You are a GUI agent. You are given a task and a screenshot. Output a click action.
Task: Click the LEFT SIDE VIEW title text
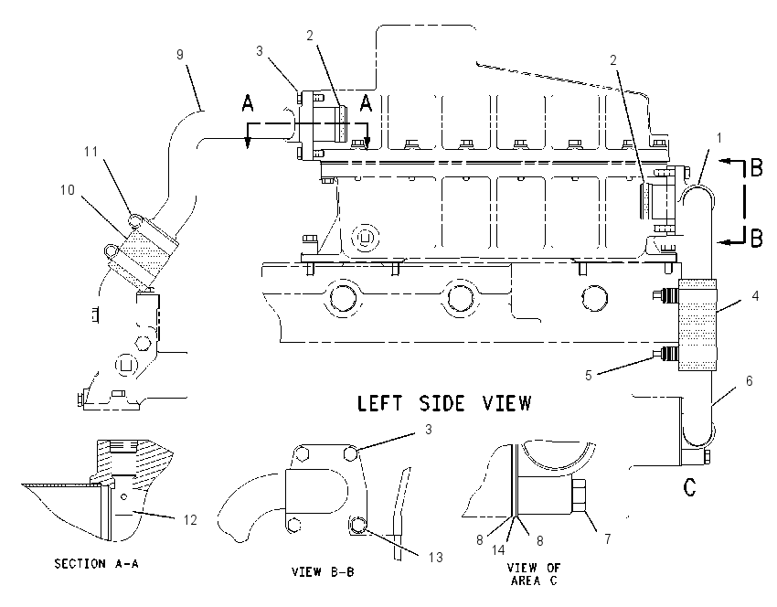(444, 403)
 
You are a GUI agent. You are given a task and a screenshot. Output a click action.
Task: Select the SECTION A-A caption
(96, 563)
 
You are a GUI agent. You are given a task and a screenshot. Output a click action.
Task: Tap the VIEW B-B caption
(323, 572)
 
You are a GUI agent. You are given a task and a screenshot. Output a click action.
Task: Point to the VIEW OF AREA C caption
(534, 574)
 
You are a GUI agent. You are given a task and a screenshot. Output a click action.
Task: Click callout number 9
(180, 54)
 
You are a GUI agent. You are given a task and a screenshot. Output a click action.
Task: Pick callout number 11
(90, 151)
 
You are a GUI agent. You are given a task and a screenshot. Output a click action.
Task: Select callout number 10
(68, 190)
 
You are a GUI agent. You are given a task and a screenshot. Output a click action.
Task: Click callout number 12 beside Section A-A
(190, 520)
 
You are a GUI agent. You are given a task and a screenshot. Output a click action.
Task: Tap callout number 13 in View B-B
(435, 558)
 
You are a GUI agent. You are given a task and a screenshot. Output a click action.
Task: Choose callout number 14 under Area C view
(498, 549)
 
